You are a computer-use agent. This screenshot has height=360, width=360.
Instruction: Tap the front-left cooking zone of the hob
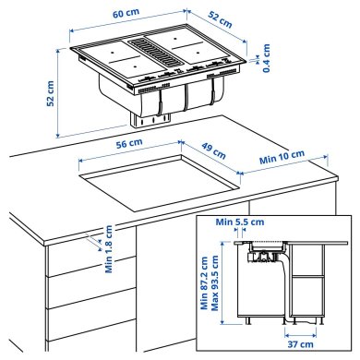coord(118,66)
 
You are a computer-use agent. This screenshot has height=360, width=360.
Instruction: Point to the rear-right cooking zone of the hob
coord(194,41)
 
